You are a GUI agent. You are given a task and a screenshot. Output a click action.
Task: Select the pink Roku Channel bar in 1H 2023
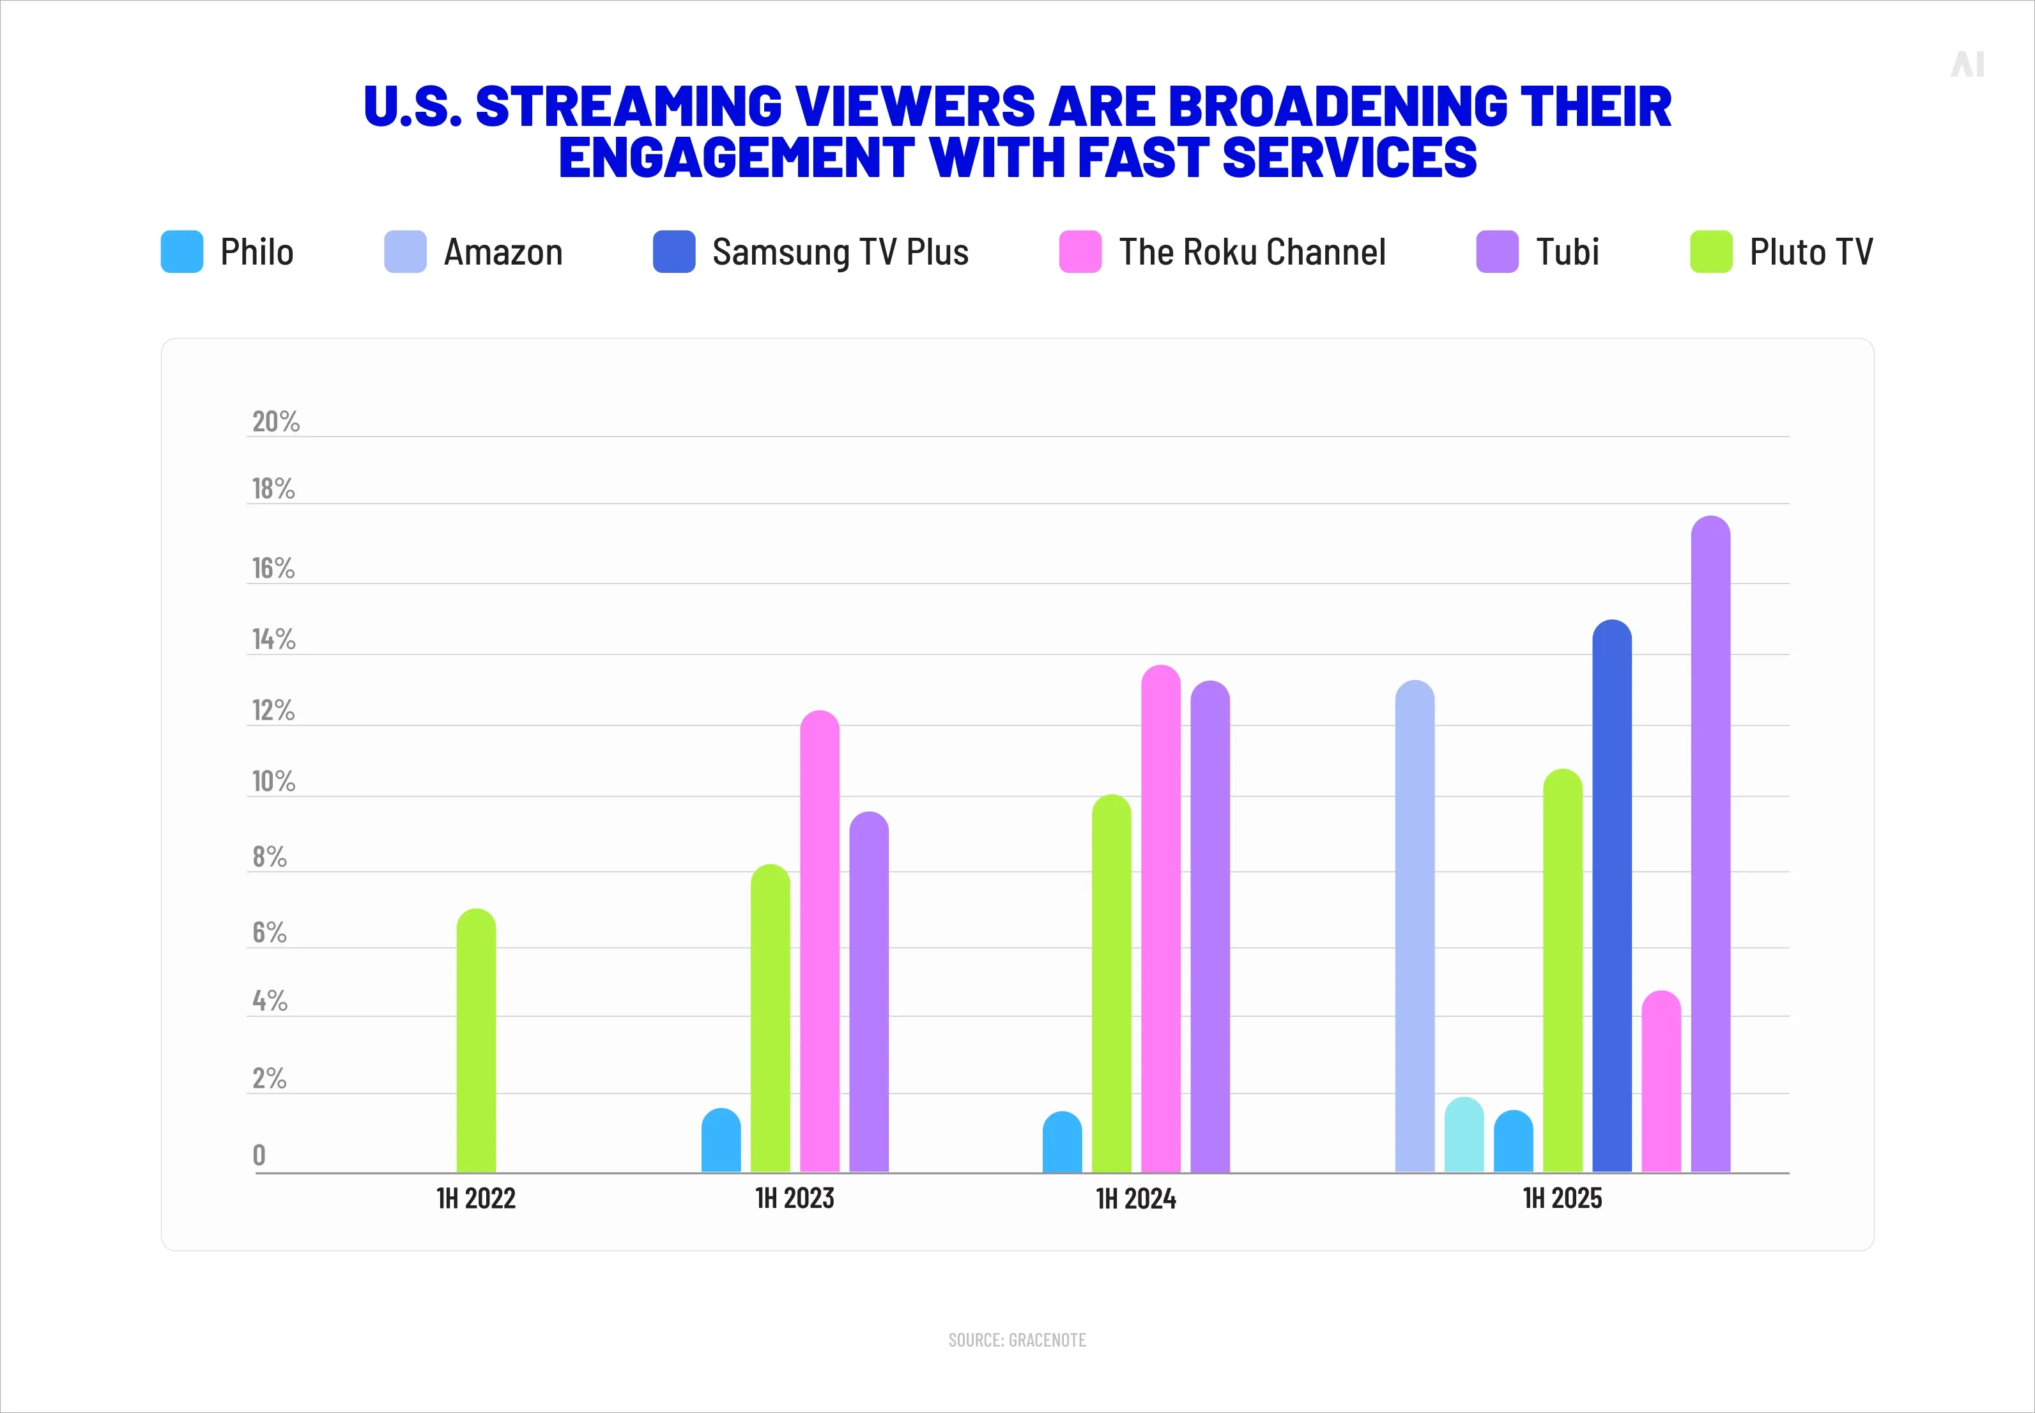[820, 942]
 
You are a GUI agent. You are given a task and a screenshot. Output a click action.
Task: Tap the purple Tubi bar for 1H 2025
[1710, 845]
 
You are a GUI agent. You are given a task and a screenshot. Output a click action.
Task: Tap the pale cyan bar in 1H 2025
[1464, 1136]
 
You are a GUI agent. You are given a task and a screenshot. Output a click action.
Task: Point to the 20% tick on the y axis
[276, 421]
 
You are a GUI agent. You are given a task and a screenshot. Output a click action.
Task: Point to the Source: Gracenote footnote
[1017, 1340]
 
